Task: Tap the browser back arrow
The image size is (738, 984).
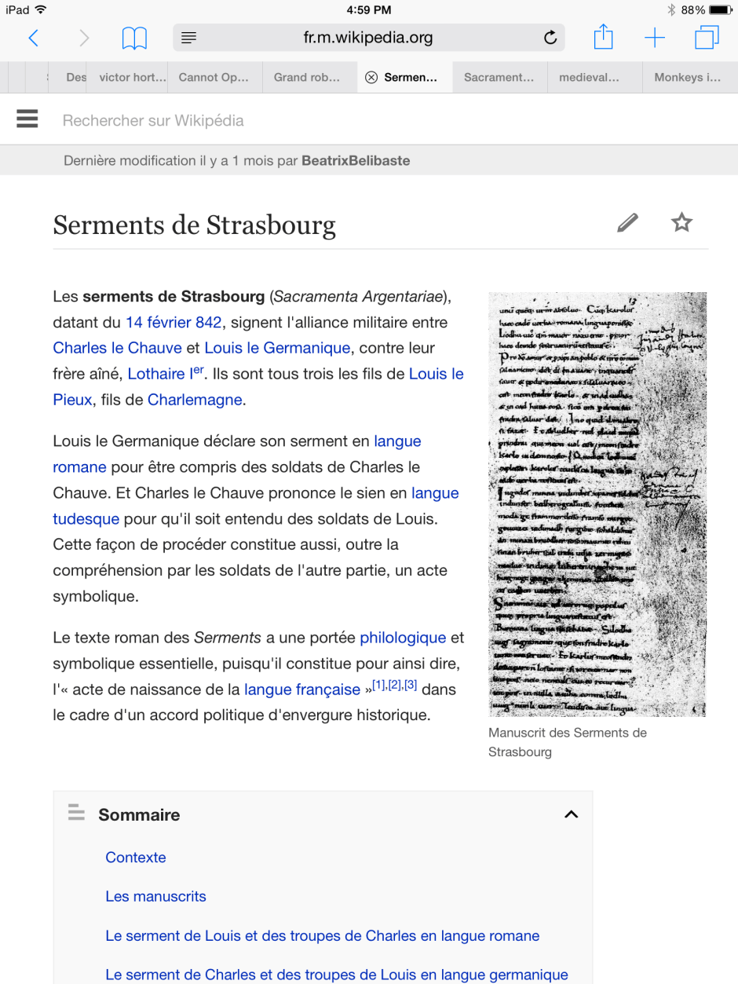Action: [33, 38]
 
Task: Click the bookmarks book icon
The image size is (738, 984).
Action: [134, 38]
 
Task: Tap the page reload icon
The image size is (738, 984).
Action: [550, 38]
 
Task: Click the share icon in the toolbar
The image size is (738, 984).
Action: [602, 37]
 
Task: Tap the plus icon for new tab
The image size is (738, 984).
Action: [654, 38]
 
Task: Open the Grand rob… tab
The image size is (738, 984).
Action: [307, 78]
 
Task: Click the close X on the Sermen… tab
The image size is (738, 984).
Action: [371, 78]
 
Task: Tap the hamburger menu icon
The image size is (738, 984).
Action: [27, 119]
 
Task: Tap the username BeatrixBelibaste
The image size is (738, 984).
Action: [356, 161]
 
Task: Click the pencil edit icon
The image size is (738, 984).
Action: [627, 223]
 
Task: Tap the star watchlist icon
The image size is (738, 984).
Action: [681, 223]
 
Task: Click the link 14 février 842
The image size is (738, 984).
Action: [174, 322]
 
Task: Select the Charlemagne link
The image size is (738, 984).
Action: [195, 400]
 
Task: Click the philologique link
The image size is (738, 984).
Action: [403, 638]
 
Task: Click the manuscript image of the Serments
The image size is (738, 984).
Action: [597, 503]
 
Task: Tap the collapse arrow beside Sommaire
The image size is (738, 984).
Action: [572, 814]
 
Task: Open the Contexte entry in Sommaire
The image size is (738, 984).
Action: [136, 858]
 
